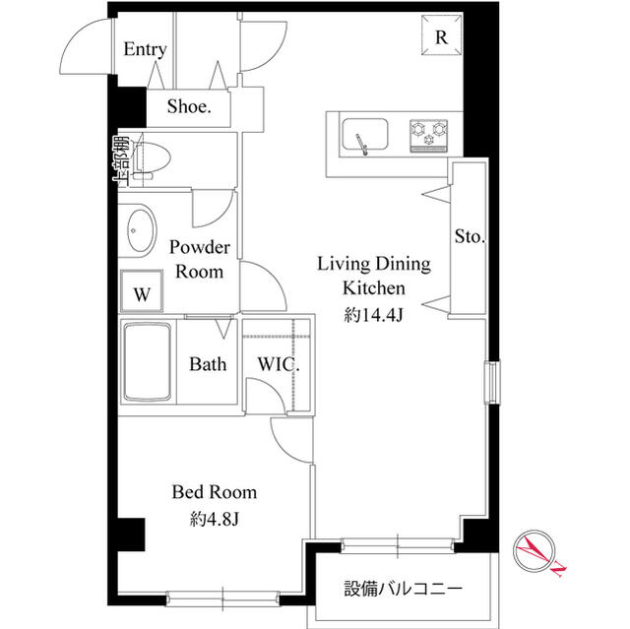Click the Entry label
tap(145, 50)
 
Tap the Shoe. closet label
tap(189, 108)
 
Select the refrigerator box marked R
tap(442, 38)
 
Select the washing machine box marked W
tap(142, 292)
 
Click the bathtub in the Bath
tap(145, 362)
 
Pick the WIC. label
tap(279, 364)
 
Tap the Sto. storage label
tap(469, 237)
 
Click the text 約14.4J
tap(373, 315)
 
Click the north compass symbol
tap(537, 553)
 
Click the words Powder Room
tap(200, 259)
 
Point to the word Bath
tap(208, 364)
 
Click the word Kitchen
tap(373, 288)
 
